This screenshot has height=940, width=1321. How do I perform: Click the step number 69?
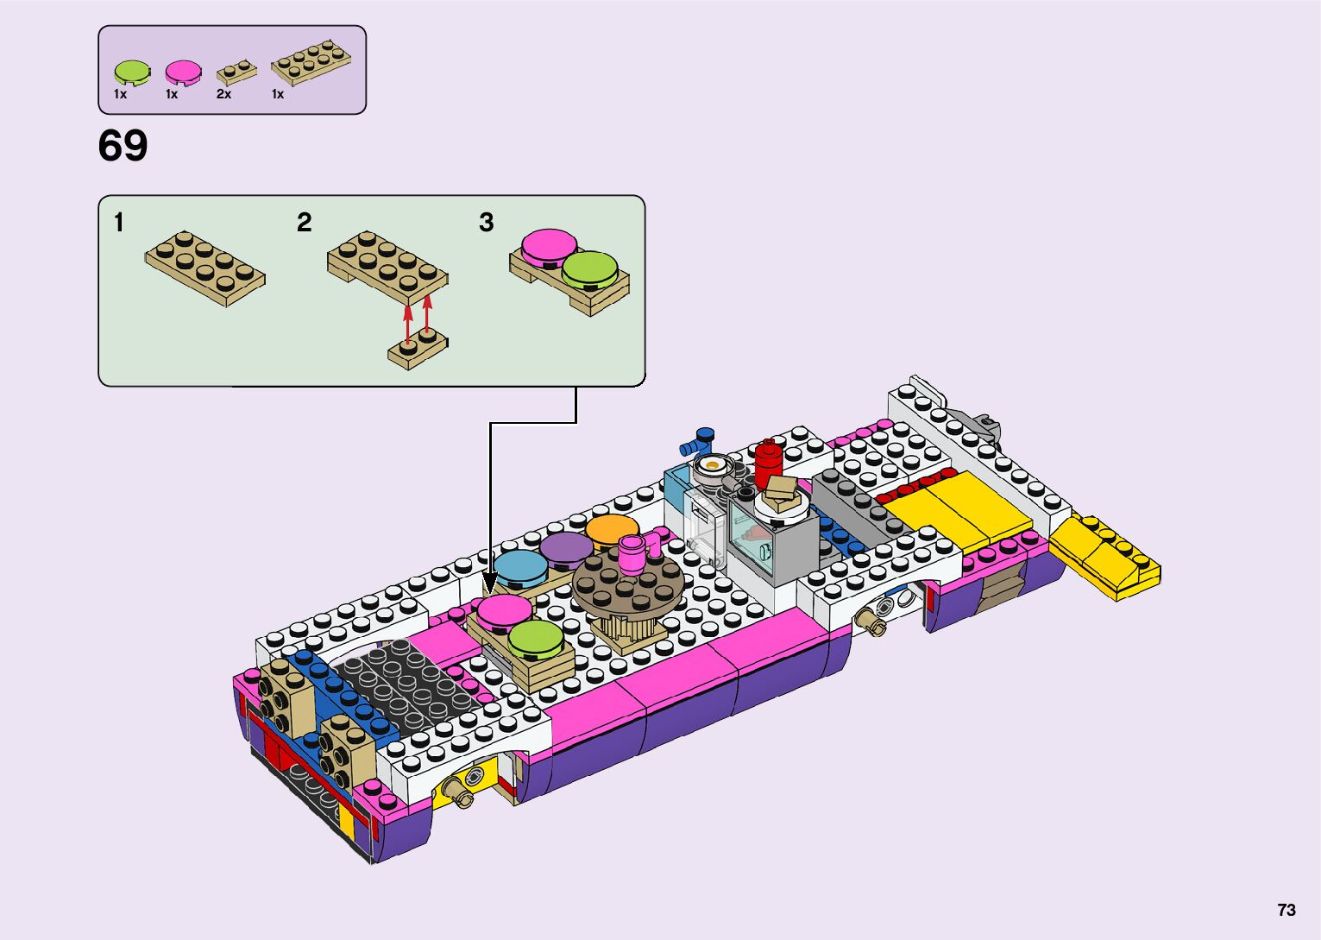tap(123, 145)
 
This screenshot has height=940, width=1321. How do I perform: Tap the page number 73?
tap(1286, 909)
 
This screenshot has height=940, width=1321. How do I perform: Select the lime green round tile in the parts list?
tap(132, 73)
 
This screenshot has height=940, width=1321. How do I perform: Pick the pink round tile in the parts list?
tap(183, 73)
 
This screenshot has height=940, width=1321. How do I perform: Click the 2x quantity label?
tap(223, 94)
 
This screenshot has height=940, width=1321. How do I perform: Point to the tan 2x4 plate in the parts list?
tap(311, 62)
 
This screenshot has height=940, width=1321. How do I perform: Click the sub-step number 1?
tap(118, 223)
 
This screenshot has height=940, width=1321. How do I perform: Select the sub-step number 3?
tap(486, 223)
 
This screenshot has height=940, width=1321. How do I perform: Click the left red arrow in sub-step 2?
tap(407, 324)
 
